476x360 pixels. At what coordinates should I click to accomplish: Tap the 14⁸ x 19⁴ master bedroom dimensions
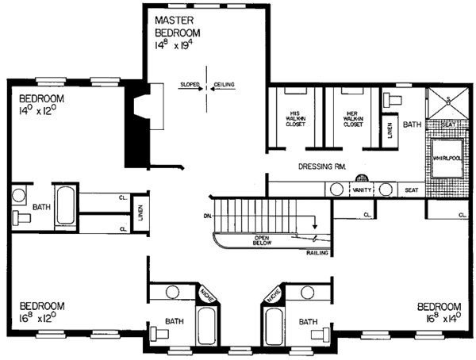pos(179,46)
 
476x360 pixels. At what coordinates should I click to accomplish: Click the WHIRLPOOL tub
pos(447,158)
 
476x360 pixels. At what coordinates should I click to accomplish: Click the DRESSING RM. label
pos(321,167)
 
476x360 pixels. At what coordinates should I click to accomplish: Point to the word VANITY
pos(363,190)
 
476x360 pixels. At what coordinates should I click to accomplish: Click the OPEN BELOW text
pos(265,240)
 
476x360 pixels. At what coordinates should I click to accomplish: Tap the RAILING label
pos(317,254)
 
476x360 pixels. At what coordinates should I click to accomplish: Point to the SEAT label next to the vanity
pos(411,190)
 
